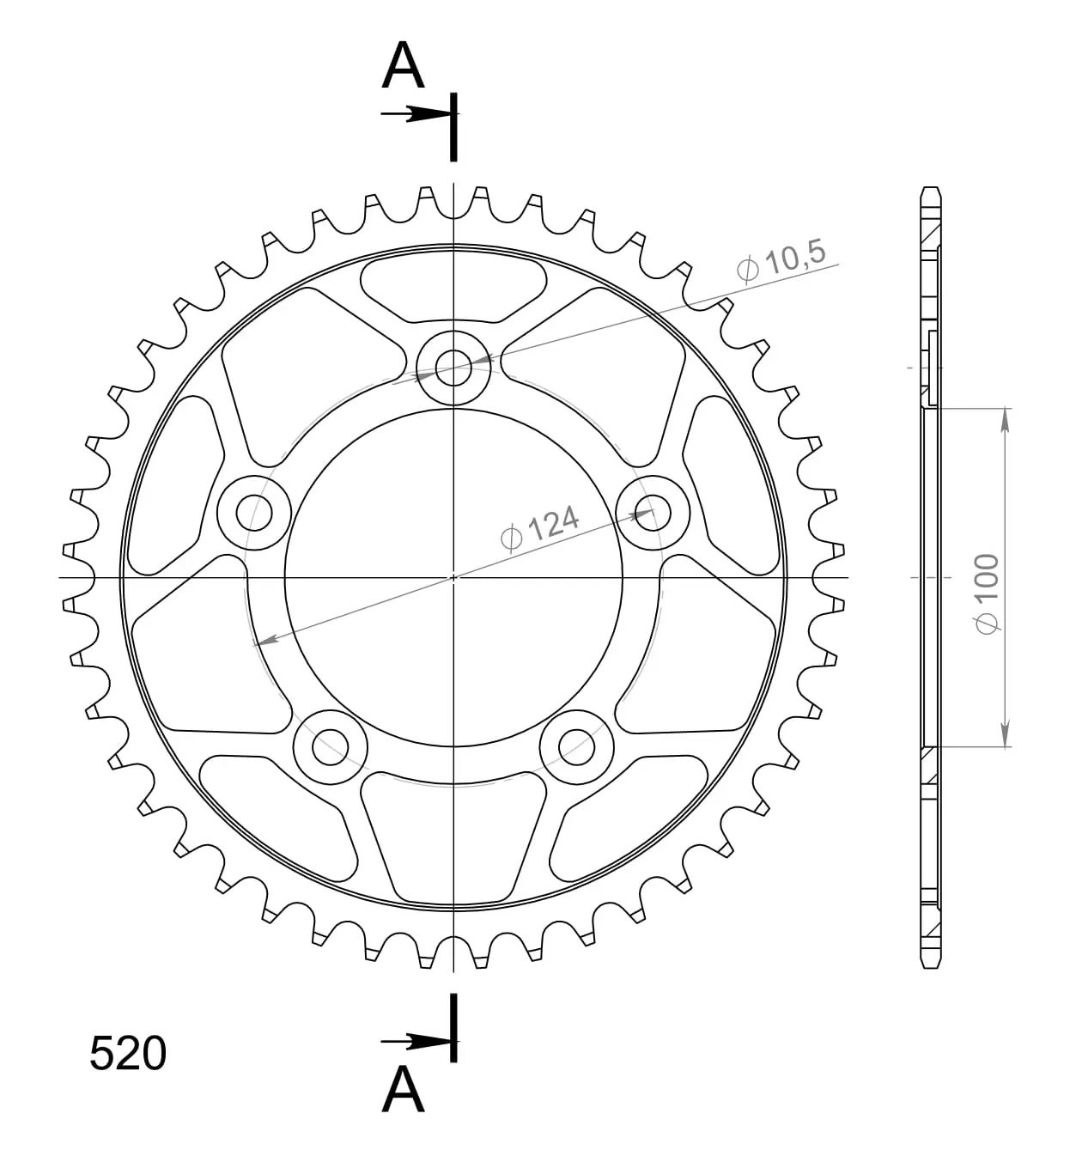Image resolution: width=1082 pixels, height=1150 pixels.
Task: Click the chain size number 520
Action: click(x=128, y=1053)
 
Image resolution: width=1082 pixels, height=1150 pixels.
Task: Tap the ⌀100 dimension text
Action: click(x=987, y=594)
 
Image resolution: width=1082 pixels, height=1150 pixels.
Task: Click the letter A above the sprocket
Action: click(x=403, y=65)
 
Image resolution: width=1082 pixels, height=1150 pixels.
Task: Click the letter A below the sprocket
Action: click(x=403, y=1089)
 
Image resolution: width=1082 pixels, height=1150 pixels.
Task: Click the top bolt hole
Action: click(x=453, y=368)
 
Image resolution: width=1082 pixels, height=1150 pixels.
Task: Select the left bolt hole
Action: click(x=254, y=513)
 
